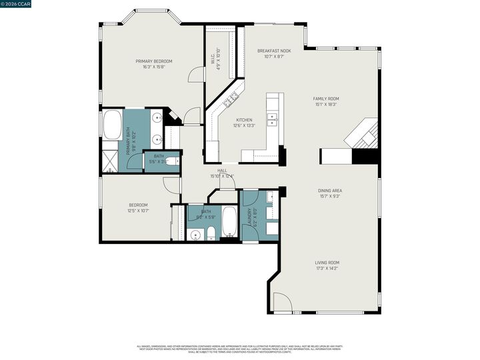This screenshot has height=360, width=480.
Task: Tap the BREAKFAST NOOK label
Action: coord(274,51)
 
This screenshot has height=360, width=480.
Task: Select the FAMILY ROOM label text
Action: coord(326,99)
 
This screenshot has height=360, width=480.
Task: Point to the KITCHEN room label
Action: coord(243,120)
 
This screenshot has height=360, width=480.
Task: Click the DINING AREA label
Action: coord(330,191)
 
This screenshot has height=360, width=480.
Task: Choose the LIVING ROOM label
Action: coord(327,263)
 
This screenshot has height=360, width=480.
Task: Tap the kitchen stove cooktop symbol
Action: coord(231,100)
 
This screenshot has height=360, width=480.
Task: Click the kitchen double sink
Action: coord(273,119)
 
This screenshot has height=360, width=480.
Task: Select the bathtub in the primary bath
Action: coord(111,125)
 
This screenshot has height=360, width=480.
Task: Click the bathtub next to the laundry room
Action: coord(229,221)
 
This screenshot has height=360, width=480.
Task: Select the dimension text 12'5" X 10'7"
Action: coord(138,211)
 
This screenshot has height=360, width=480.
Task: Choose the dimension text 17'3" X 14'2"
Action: coord(327,269)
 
